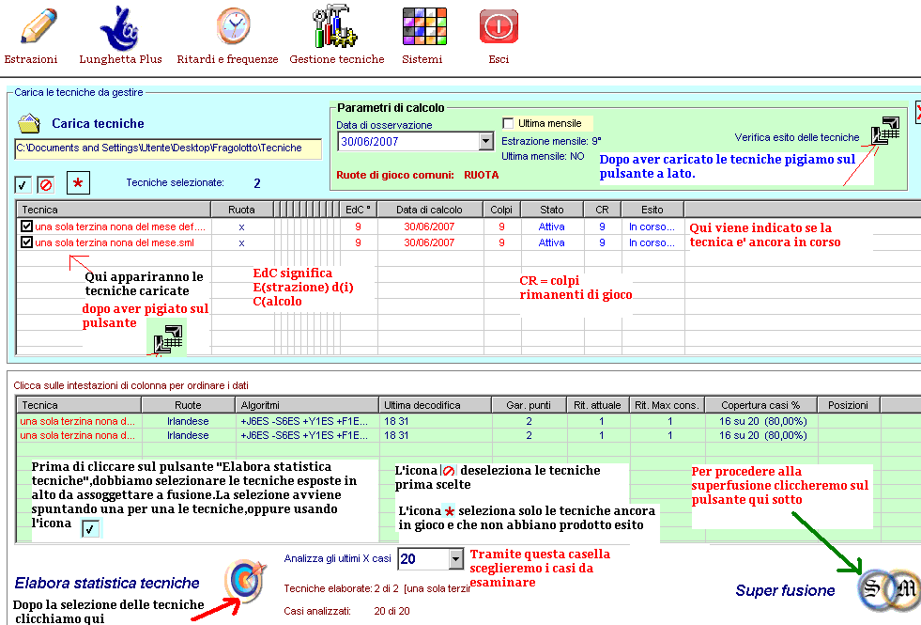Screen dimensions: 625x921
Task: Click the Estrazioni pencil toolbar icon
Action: (x=31, y=27)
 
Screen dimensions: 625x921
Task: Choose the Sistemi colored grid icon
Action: (x=422, y=27)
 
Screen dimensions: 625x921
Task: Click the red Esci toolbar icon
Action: (x=499, y=27)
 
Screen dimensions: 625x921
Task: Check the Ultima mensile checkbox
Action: (x=509, y=123)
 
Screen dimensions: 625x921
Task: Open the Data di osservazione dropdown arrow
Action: (x=485, y=142)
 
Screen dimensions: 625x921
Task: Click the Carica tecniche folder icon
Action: (x=29, y=123)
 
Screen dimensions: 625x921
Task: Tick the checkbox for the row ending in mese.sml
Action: (x=26, y=242)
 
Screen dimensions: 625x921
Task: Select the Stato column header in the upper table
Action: (x=552, y=209)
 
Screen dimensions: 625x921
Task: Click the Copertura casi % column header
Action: (x=760, y=405)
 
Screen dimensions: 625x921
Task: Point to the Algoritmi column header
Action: (x=306, y=405)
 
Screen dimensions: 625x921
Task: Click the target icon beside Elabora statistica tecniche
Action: (x=245, y=580)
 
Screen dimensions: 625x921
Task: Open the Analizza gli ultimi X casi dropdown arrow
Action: (x=456, y=559)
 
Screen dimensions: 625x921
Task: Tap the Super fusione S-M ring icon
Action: (x=887, y=588)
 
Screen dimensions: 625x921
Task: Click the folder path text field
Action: (x=168, y=148)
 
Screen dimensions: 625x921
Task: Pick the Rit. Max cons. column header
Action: (x=667, y=405)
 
